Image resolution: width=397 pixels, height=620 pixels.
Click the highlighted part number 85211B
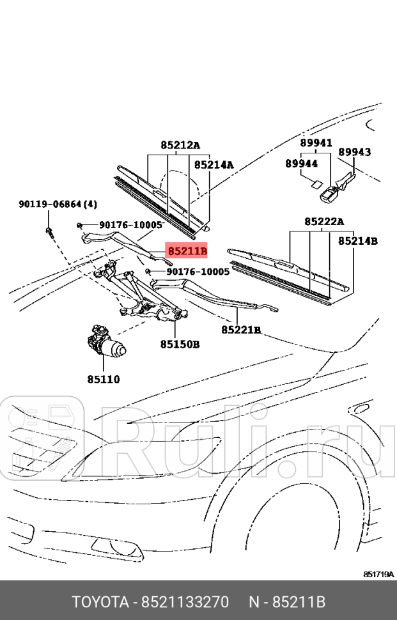187,251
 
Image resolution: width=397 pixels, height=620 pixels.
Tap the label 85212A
180,146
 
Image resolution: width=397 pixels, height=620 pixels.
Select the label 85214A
214,164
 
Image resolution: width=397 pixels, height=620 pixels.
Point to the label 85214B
357,241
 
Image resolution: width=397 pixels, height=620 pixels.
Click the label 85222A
324,221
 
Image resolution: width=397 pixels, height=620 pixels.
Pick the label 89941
316,143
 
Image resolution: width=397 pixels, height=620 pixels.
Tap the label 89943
354,152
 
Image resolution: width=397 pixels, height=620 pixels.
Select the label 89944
302,163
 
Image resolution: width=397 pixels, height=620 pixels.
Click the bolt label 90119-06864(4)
58,205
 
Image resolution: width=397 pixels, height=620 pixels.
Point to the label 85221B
241,329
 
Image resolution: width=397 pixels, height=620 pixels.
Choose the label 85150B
180,345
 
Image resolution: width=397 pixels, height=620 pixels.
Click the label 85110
104,379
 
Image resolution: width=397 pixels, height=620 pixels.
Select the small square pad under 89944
316,183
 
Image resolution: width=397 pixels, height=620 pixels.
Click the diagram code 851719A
379,574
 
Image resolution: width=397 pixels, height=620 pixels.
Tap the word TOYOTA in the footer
100,602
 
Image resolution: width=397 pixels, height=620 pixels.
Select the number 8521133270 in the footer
185,602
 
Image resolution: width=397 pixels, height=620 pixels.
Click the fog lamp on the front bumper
117,548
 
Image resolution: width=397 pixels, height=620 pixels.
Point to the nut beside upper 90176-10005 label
79,226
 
